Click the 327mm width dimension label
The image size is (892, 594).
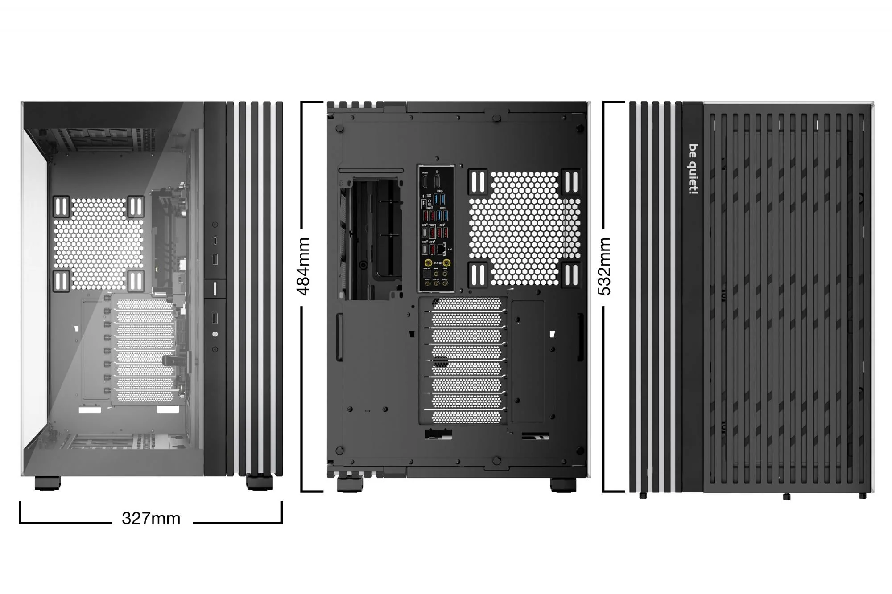(x=151, y=518)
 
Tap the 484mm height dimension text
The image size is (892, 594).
(x=304, y=266)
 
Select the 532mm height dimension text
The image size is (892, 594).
(x=605, y=266)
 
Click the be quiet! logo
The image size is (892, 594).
(x=693, y=169)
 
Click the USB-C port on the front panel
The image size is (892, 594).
(x=215, y=241)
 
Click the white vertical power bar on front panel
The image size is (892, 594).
(x=215, y=288)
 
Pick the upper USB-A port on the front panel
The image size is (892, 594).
(x=215, y=259)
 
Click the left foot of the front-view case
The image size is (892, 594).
(x=47, y=483)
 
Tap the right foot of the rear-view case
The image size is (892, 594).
(x=563, y=485)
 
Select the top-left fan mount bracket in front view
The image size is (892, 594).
(x=61, y=206)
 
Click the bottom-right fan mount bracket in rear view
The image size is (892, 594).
(x=570, y=274)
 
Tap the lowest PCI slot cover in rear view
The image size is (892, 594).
(x=466, y=417)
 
